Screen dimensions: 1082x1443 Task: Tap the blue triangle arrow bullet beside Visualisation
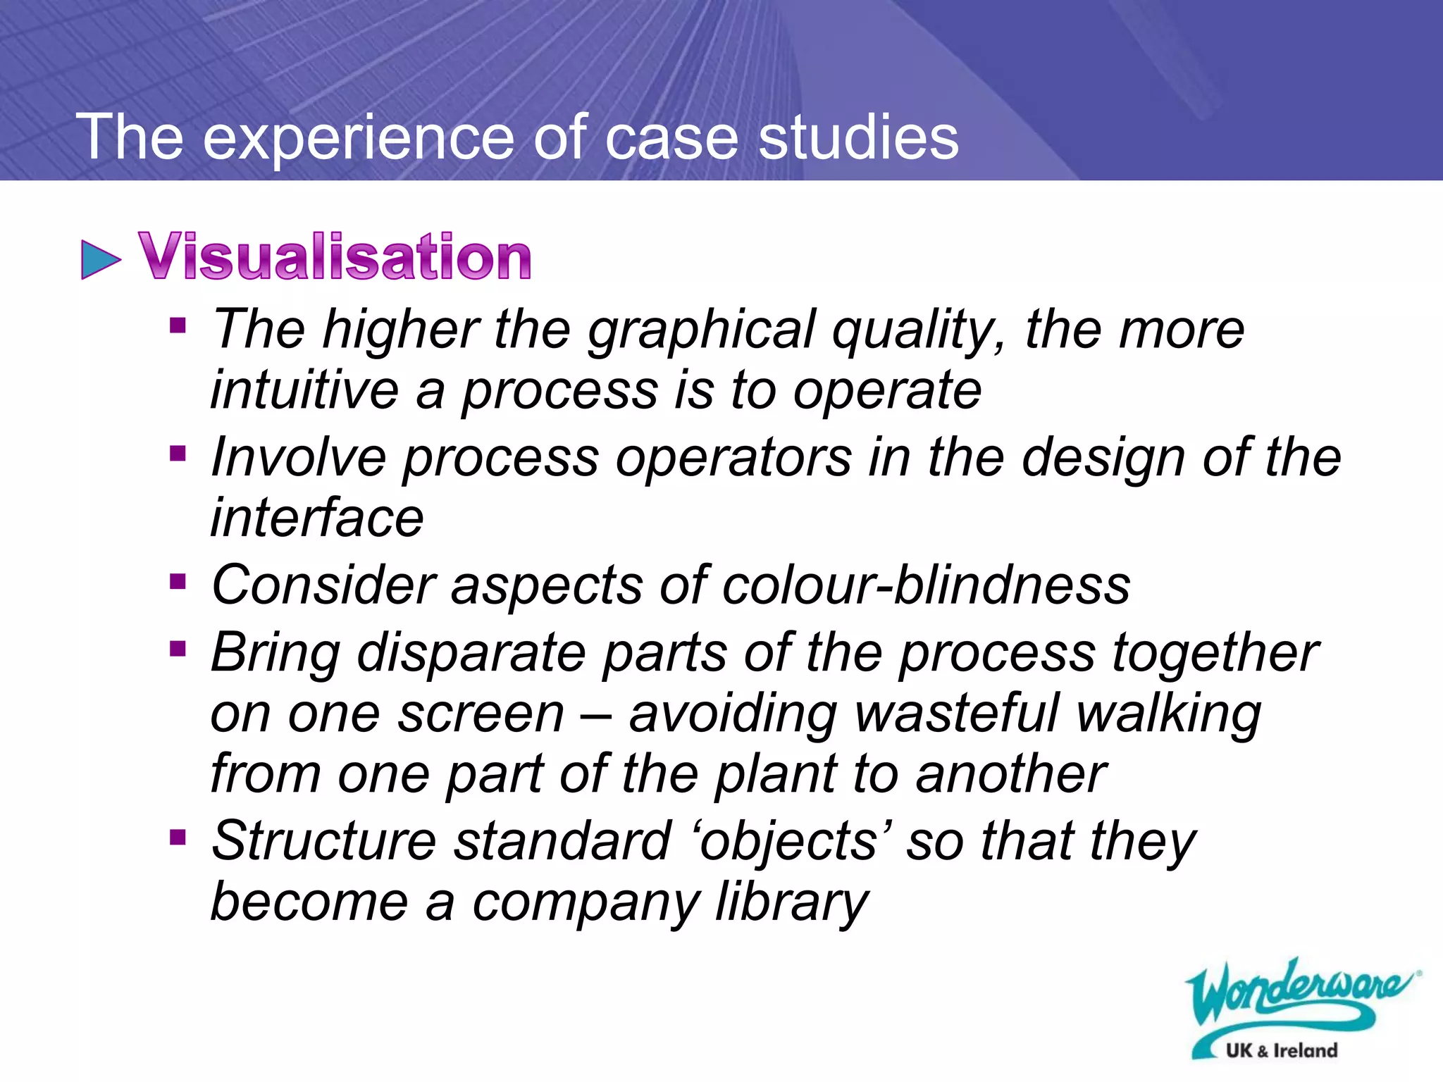click(x=101, y=259)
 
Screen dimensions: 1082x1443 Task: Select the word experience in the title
click(x=359, y=138)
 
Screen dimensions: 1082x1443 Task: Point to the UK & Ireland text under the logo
click(x=1281, y=1050)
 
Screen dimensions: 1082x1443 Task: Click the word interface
click(x=317, y=518)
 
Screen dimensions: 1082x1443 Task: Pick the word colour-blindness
click(x=926, y=585)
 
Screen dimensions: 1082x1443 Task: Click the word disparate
click(x=471, y=653)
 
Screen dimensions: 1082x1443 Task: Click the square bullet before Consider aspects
click(x=178, y=582)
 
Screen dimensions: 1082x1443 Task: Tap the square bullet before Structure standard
click(x=178, y=838)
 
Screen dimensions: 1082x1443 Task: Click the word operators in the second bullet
click(x=733, y=457)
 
